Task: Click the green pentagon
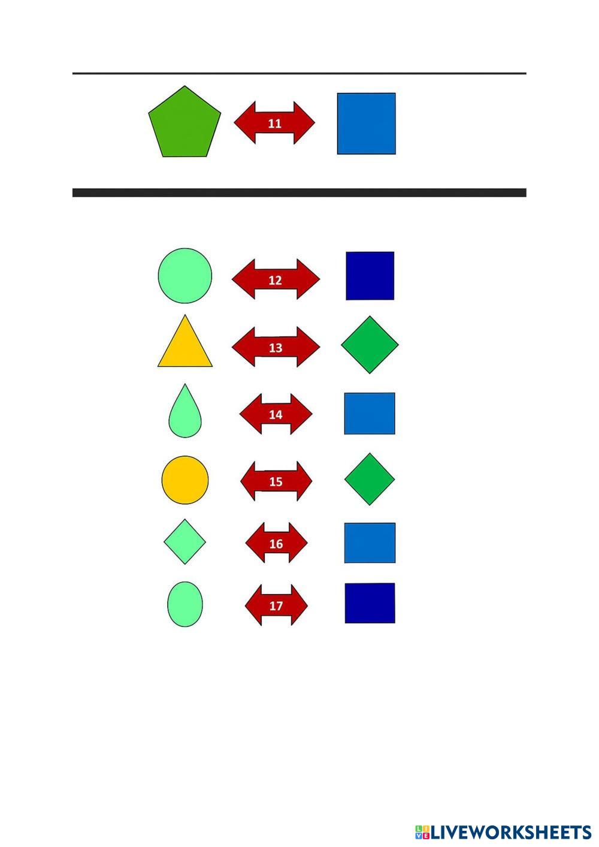click(x=184, y=123)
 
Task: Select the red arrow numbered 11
click(x=274, y=123)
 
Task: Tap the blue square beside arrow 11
click(x=366, y=123)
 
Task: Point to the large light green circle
click(x=185, y=276)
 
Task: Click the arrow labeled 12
click(x=276, y=280)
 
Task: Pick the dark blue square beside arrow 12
click(x=370, y=276)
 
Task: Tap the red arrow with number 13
click(x=276, y=348)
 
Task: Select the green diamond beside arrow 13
click(x=370, y=345)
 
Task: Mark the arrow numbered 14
click(x=276, y=414)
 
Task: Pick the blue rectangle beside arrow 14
click(x=370, y=414)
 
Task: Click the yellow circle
click(x=185, y=480)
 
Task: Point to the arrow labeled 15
click(x=276, y=481)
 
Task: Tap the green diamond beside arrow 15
click(x=370, y=479)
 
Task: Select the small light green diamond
click(x=185, y=542)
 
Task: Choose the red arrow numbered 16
click(x=276, y=543)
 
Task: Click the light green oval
click(x=185, y=604)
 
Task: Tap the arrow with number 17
click(x=276, y=605)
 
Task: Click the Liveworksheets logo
click(x=503, y=832)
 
